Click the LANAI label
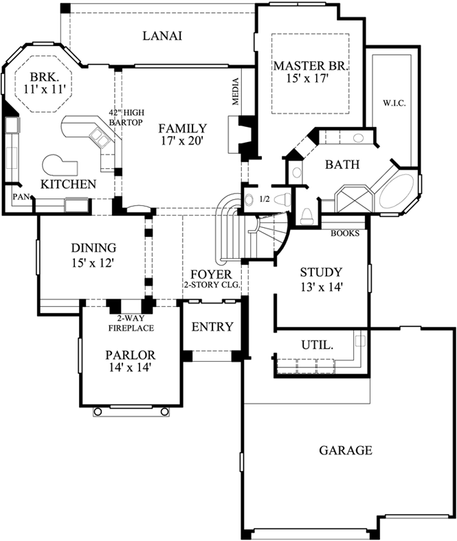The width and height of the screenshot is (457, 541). point(162,36)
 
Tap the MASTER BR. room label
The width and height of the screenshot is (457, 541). point(311,67)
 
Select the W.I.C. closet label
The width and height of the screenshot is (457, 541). point(394,104)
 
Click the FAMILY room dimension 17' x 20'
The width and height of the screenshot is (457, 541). point(182,141)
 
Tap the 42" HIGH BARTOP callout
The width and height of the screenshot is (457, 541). point(125,117)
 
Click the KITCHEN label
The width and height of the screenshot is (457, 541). point(67,184)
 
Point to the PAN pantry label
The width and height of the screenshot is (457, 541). point(18,197)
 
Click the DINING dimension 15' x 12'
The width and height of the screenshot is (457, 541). point(93,262)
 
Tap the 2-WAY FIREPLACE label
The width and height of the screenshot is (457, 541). point(131,323)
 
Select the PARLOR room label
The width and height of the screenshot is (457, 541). point(130,355)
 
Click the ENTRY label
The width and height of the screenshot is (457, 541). point(212,327)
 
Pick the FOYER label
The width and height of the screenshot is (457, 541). point(212,274)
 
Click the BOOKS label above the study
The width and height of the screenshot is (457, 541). point(345,233)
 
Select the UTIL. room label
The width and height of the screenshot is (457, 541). point(318,344)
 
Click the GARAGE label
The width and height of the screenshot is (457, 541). point(345,450)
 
